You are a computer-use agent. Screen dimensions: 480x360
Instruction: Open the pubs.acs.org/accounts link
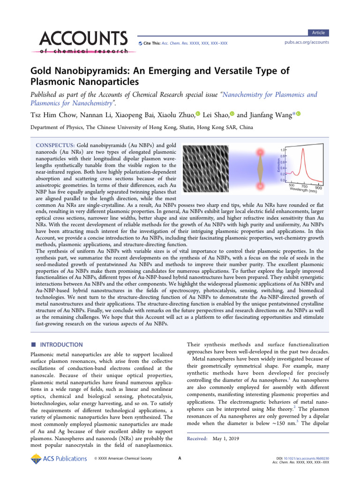(x=307, y=43)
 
